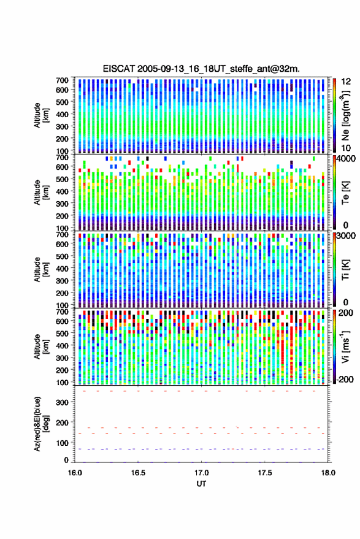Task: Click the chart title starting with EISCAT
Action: [x=201, y=69]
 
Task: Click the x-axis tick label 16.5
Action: [x=138, y=473]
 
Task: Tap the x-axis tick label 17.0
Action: [x=202, y=473]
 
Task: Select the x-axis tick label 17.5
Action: [x=265, y=473]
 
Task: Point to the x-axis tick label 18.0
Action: [x=328, y=473]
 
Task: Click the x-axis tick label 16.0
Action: [x=75, y=473]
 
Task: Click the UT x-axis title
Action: [x=201, y=484]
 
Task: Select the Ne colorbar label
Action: [x=345, y=115]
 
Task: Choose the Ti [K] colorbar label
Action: [x=345, y=270]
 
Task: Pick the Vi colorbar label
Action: [x=345, y=346]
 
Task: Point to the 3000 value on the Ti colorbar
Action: [x=346, y=236]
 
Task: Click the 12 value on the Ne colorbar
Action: [x=346, y=82]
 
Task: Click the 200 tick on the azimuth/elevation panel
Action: [x=63, y=422]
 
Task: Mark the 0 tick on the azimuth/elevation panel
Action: [x=66, y=460]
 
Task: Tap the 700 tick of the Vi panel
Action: [x=63, y=312]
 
